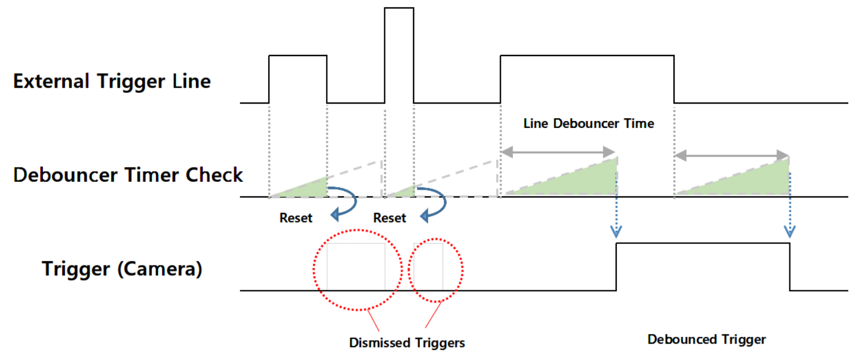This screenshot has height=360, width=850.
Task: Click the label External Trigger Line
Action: pyautogui.click(x=112, y=82)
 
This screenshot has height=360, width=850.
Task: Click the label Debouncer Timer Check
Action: pyautogui.click(x=128, y=175)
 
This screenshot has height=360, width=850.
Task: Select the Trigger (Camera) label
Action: pyautogui.click(x=122, y=269)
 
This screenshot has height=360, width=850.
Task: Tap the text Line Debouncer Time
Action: pyautogui.click(x=589, y=123)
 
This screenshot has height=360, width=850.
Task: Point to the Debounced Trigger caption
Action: pyautogui.click(x=707, y=339)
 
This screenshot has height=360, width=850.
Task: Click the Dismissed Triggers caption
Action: pyautogui.click(x=407, y=342)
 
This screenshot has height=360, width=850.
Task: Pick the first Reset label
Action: pyautogui.click(x=295, y=218)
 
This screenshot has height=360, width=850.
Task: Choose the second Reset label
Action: pyautogui.click(x=389, y=218)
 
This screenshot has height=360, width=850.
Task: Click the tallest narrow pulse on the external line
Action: pyautogui.click(x=399, y=8)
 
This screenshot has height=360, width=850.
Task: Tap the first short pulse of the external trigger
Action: pyautogui.click(x=298, y=56)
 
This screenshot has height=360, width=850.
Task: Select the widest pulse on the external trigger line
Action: pyautogui.click(x=587, y=56)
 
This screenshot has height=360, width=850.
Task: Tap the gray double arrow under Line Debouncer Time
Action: pyautogui.click(x=558, y=152)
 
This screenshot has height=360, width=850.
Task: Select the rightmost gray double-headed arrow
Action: pyautogui.click(x=732, y=155)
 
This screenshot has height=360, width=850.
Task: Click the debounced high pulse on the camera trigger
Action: pyautogui.click(x=703, y=243)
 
